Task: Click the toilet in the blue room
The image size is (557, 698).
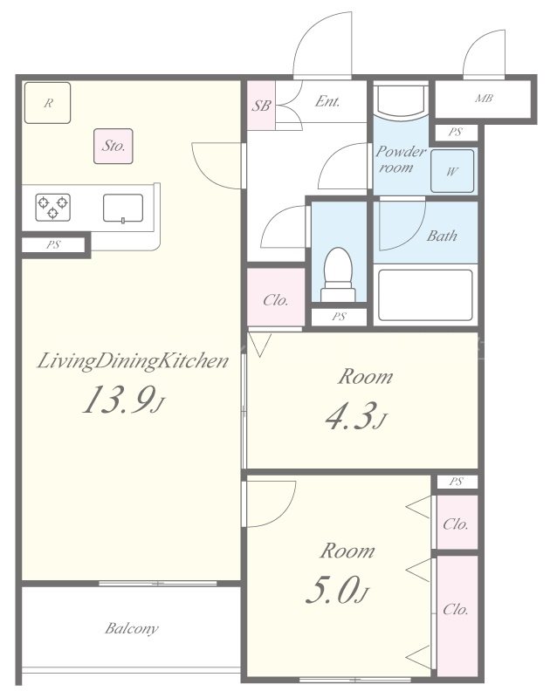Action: [339, 275]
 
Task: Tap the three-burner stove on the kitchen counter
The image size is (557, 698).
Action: [52, 208]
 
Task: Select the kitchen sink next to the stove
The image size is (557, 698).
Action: [123, 209]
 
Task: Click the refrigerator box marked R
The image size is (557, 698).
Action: [47, 103]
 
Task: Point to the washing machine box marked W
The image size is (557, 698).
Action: [452, 171]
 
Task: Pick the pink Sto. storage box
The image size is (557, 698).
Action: [113, 146]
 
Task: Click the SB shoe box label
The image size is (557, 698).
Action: [261, 106]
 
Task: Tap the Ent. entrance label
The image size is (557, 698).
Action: [327, 101]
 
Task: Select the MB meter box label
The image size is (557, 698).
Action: [484, 98]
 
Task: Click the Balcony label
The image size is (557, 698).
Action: [132, 628]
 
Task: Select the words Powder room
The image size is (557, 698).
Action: [400, 160]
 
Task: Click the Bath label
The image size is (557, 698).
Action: [442, 236]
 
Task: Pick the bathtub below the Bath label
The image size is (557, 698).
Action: [425, 295]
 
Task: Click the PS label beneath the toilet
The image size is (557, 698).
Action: [339, 317]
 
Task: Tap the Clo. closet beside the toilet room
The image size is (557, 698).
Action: [276, 297]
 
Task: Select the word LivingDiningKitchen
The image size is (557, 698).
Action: [133, 361]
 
